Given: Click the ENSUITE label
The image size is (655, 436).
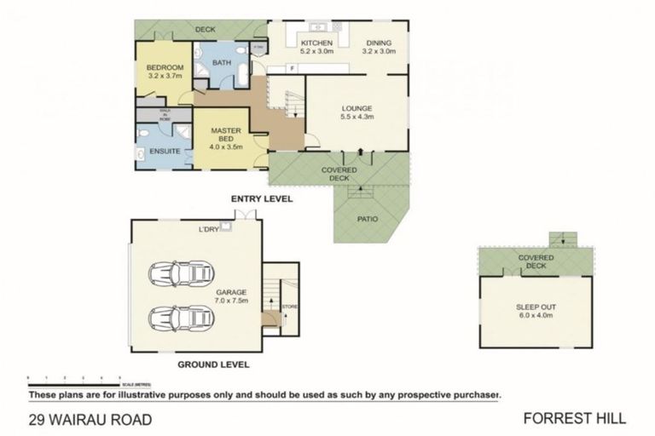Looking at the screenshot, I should (163, 152).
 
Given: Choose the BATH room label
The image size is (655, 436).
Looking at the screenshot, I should (222, 63).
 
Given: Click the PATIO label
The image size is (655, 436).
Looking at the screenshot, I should (368, 218).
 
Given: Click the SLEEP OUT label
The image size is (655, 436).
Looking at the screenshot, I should (536, 311).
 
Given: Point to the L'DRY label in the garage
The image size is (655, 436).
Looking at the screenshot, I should (208, 229).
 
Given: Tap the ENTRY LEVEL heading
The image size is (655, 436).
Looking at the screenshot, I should (262, 198).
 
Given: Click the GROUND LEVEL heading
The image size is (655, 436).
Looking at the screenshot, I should (213, 364).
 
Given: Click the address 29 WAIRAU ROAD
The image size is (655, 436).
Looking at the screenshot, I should (90, 419).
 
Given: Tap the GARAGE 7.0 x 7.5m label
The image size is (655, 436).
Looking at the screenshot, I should (230, 295).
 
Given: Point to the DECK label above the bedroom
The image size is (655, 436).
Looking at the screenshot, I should (205, 30).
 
